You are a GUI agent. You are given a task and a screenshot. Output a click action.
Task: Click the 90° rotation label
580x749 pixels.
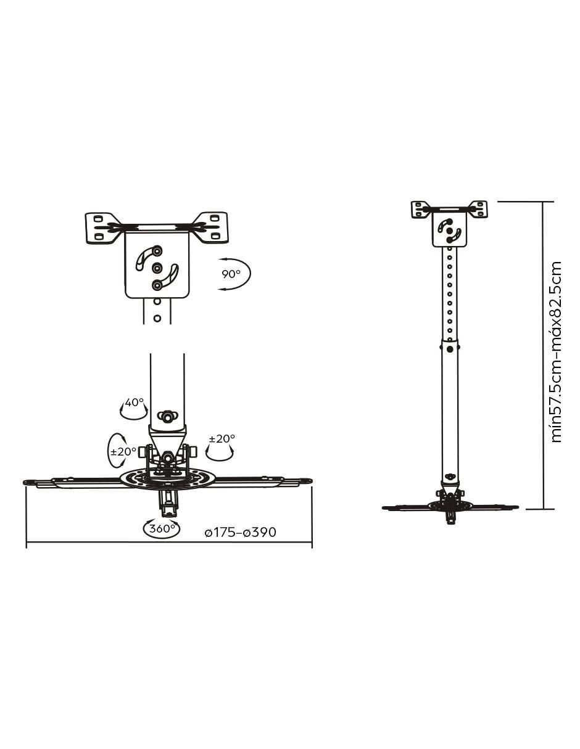coord(231,274)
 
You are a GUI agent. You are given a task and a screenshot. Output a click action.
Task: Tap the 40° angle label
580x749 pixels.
coord(134,403)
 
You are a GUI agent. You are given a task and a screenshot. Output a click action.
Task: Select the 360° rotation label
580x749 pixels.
coord(162,528)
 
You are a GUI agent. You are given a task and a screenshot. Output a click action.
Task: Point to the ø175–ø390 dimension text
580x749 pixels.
coord(241,532)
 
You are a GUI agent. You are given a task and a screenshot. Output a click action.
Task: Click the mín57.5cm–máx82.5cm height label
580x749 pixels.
coord(556,352)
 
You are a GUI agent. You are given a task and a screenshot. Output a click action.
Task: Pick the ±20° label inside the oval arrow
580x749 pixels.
coord(123,451)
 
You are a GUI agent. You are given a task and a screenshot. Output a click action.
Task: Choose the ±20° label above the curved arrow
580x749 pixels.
coord(222,438)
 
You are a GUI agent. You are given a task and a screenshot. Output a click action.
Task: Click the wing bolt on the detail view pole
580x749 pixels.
coord(168,416)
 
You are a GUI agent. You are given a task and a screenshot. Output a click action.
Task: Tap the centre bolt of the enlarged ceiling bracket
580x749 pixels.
coord(157,267)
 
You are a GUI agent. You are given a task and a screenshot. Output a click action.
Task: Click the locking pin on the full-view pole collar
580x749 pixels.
coord(450,349)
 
